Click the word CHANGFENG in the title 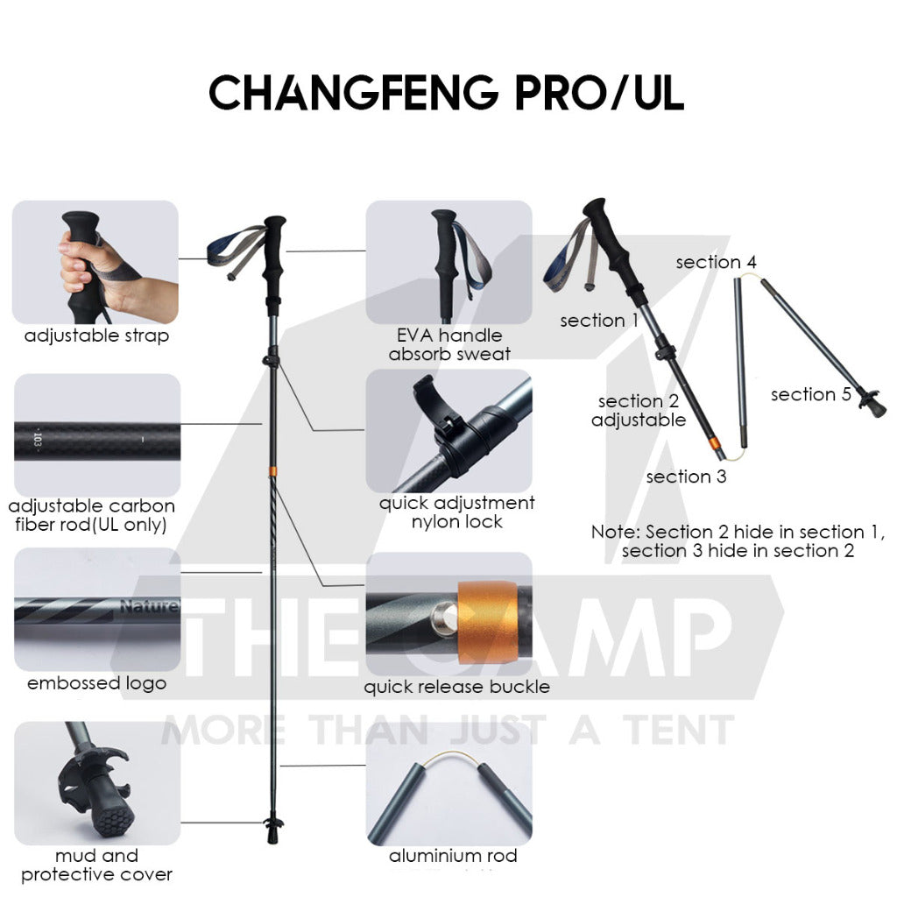point(354,93)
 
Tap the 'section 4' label point(716,262)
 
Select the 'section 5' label point(810,394)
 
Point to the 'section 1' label point(599,321)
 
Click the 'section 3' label point(686,477)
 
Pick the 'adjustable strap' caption point(96,335)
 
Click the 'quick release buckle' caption point(456,687)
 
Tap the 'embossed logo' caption point(96,683)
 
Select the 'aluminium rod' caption point(453,856)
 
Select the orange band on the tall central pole point(273,471)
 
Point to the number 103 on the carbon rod point(38,441)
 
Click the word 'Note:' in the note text point(616,532)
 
